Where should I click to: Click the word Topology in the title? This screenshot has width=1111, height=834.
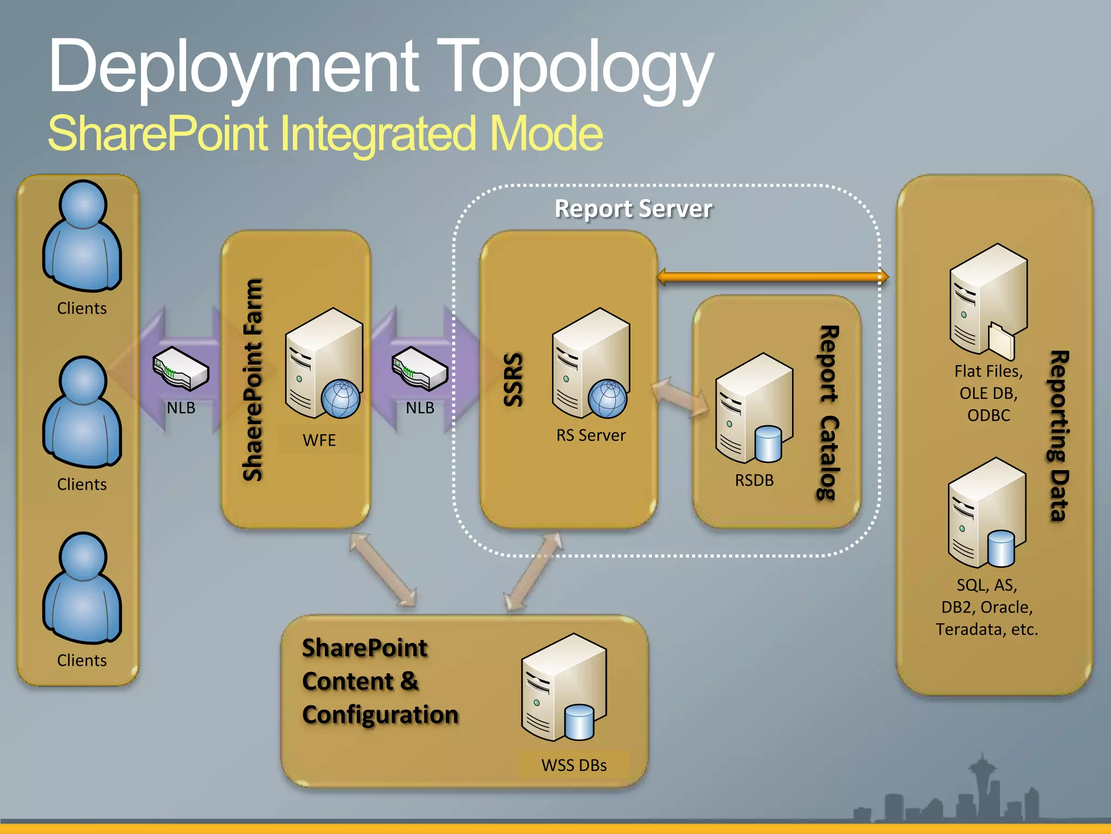[578, 68]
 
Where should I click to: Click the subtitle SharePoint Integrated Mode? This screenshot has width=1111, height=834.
[325, 134]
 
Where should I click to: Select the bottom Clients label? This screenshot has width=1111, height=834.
[82, 660]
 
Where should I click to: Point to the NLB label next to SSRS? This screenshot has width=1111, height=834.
[420, 408]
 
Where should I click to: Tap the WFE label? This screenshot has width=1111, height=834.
[319, 440]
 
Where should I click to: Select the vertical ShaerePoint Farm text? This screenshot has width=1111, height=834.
[253, 380]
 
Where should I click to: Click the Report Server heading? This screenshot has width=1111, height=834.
[633, 209]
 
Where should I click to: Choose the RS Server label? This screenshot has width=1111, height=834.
[591, 435]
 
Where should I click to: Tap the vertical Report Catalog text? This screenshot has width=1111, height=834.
[828, 413]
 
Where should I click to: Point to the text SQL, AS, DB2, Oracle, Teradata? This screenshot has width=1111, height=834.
[987, 607]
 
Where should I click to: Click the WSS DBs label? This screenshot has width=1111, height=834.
[574, 765]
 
